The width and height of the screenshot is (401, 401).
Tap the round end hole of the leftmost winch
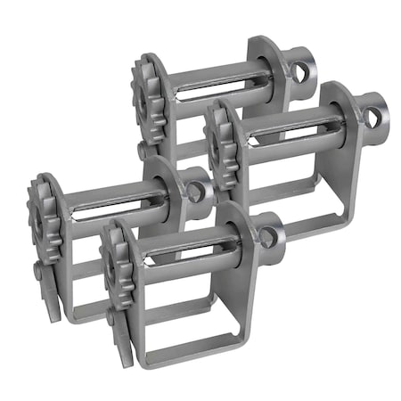click(x=194, y=189)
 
